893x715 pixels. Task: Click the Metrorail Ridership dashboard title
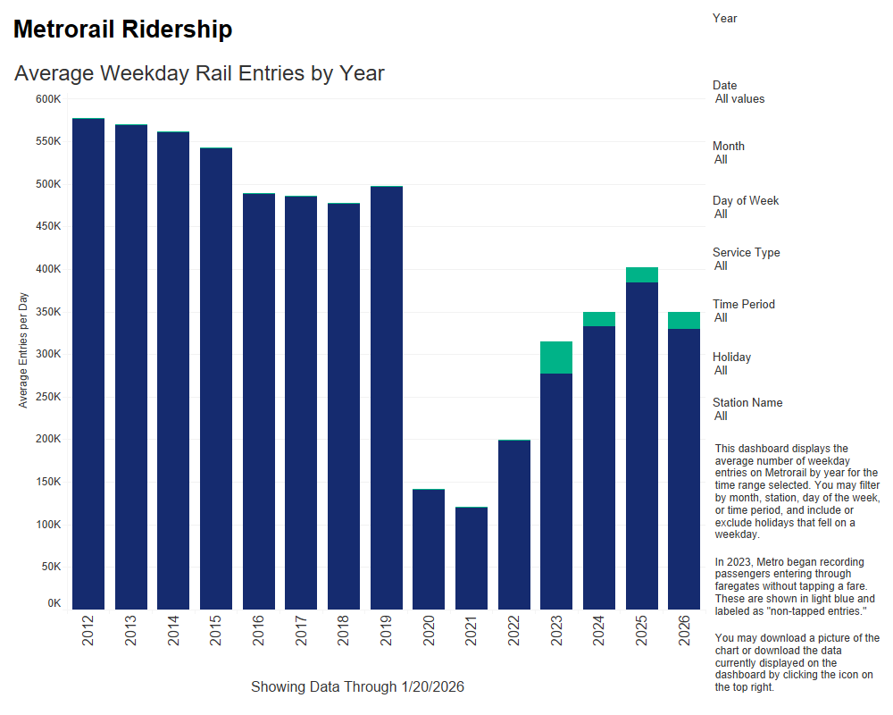[x=123, y=29]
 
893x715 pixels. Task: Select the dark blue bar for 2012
[x=88, y=366]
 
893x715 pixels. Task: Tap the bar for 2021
[x=472, y=559]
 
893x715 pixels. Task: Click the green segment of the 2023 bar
[x=556, y=357]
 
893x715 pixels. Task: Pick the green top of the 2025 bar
[x=642, y=274]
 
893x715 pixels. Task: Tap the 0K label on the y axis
[x=54, y=604]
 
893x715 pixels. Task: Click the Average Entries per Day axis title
[x=23, y=349]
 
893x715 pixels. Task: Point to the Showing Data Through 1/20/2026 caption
[x=357, y=686]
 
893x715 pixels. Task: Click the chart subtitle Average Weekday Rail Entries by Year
[x=199, y=73]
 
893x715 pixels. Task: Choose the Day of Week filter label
[x=746, y=200]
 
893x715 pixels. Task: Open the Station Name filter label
[x=747, y=402]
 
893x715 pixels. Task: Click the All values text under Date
[x=739, y=99]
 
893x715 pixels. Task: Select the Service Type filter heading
[x=747, y=252]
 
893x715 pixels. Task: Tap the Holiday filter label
[x=731, y=357]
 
